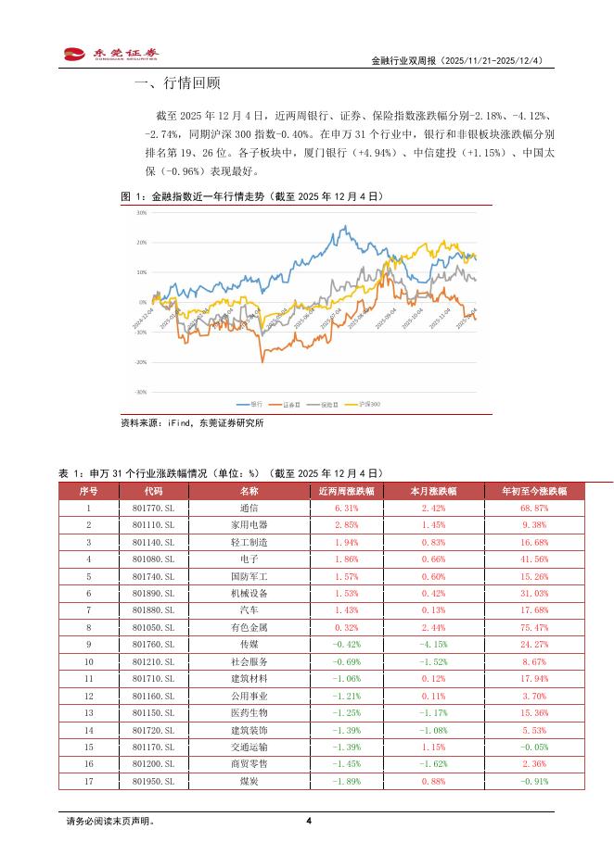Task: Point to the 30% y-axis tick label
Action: coord(142,212)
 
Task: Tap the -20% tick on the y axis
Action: coord(141,362)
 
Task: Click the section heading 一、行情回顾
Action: coord(177,84)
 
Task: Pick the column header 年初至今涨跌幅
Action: coord(534,491)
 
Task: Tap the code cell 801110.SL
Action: coord(153,525)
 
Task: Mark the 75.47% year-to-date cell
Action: coord(534,626)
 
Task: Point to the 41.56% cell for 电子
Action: coord(534,559)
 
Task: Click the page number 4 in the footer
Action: coord(308,821)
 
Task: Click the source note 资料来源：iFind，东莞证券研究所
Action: coord(192,423)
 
